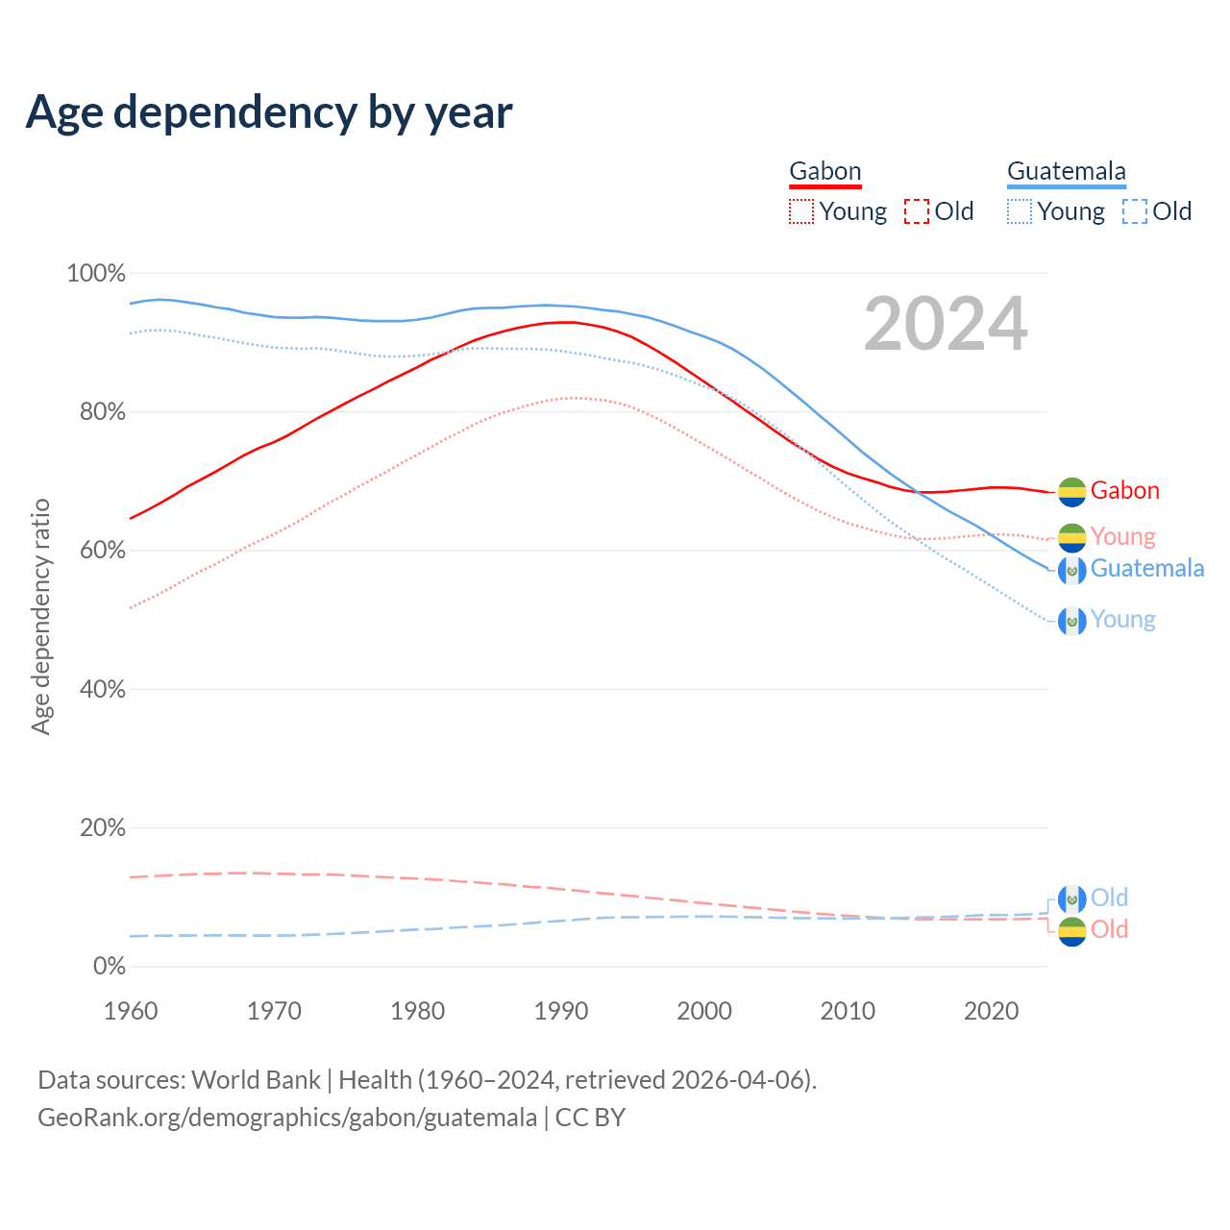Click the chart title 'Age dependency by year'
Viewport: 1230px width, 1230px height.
tap(269, 111)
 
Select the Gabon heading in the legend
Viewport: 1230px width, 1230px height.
tap(824, 171)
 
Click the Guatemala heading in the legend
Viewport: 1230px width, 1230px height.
tap(1066, 171)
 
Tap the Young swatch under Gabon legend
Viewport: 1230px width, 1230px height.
tap(800, 211)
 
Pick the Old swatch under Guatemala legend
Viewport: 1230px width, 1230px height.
tap(1134, 211)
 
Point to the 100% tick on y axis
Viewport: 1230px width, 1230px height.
tap(96, 274)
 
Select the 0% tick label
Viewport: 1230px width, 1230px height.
tap(109, 966)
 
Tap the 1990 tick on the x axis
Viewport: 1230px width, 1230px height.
tap(561, 1011)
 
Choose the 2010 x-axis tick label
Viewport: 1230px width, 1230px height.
tap(848, 1011)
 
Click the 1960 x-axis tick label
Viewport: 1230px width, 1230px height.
tap(131, 1011)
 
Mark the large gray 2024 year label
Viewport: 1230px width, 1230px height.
tap(946, 324)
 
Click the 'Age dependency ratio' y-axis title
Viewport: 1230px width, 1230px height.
tap(40, 616)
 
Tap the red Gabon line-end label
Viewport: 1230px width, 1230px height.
tap(1124, 491)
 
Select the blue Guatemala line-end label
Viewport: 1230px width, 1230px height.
tap(1146, 569)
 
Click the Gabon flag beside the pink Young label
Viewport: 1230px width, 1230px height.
tap(1071, 537)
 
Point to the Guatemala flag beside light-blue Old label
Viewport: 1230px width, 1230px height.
tap(1071, 898)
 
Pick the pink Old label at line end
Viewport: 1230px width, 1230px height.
tap(1109, 929)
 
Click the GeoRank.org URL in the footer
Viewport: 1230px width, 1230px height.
tap(287, 1118)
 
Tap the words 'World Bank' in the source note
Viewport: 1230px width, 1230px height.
tap(256, 1080)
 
